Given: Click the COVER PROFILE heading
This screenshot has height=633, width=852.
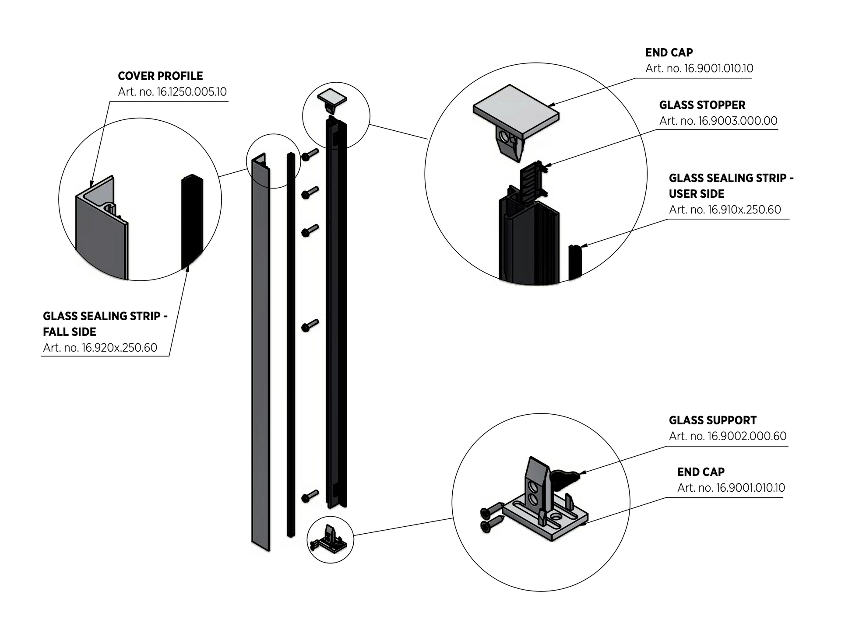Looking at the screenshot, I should pyautogui.click(x=160, y=76).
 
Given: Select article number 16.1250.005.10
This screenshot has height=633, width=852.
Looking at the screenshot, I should pyautogui.click(x=172, y=92).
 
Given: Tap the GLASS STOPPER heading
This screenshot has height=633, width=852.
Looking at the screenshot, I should pyautogui.click(x=702, y=105).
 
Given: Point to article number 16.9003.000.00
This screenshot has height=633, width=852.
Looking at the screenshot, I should pyautogui.click(x=718, y=121).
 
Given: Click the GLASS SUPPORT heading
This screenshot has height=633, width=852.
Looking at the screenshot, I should pyautogui.click(x=712, y=420).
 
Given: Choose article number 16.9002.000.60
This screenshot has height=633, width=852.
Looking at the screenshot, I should pyautogui.click(x=727, y=436).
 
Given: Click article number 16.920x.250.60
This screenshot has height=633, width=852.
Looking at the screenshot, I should pyautogui.click(x=100, y=348).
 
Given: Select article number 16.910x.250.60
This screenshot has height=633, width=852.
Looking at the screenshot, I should pyautogui.click(x=725, y=210).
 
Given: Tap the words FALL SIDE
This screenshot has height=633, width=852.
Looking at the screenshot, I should pyautogui.click(x=70, y=332).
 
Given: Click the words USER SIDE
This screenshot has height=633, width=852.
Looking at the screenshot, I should pyautogui.click(x=696, y=194).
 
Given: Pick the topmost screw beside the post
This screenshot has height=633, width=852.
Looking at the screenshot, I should pyautogui.click(x=310, y=154).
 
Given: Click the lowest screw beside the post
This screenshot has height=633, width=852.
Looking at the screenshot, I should pyautogui.click(x=310, y=496).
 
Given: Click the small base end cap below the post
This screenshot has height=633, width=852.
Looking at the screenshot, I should pyautogui.click(x=331, y=540).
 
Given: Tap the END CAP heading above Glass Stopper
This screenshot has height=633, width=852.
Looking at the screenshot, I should pyautogui.click(x=669, y=52).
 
